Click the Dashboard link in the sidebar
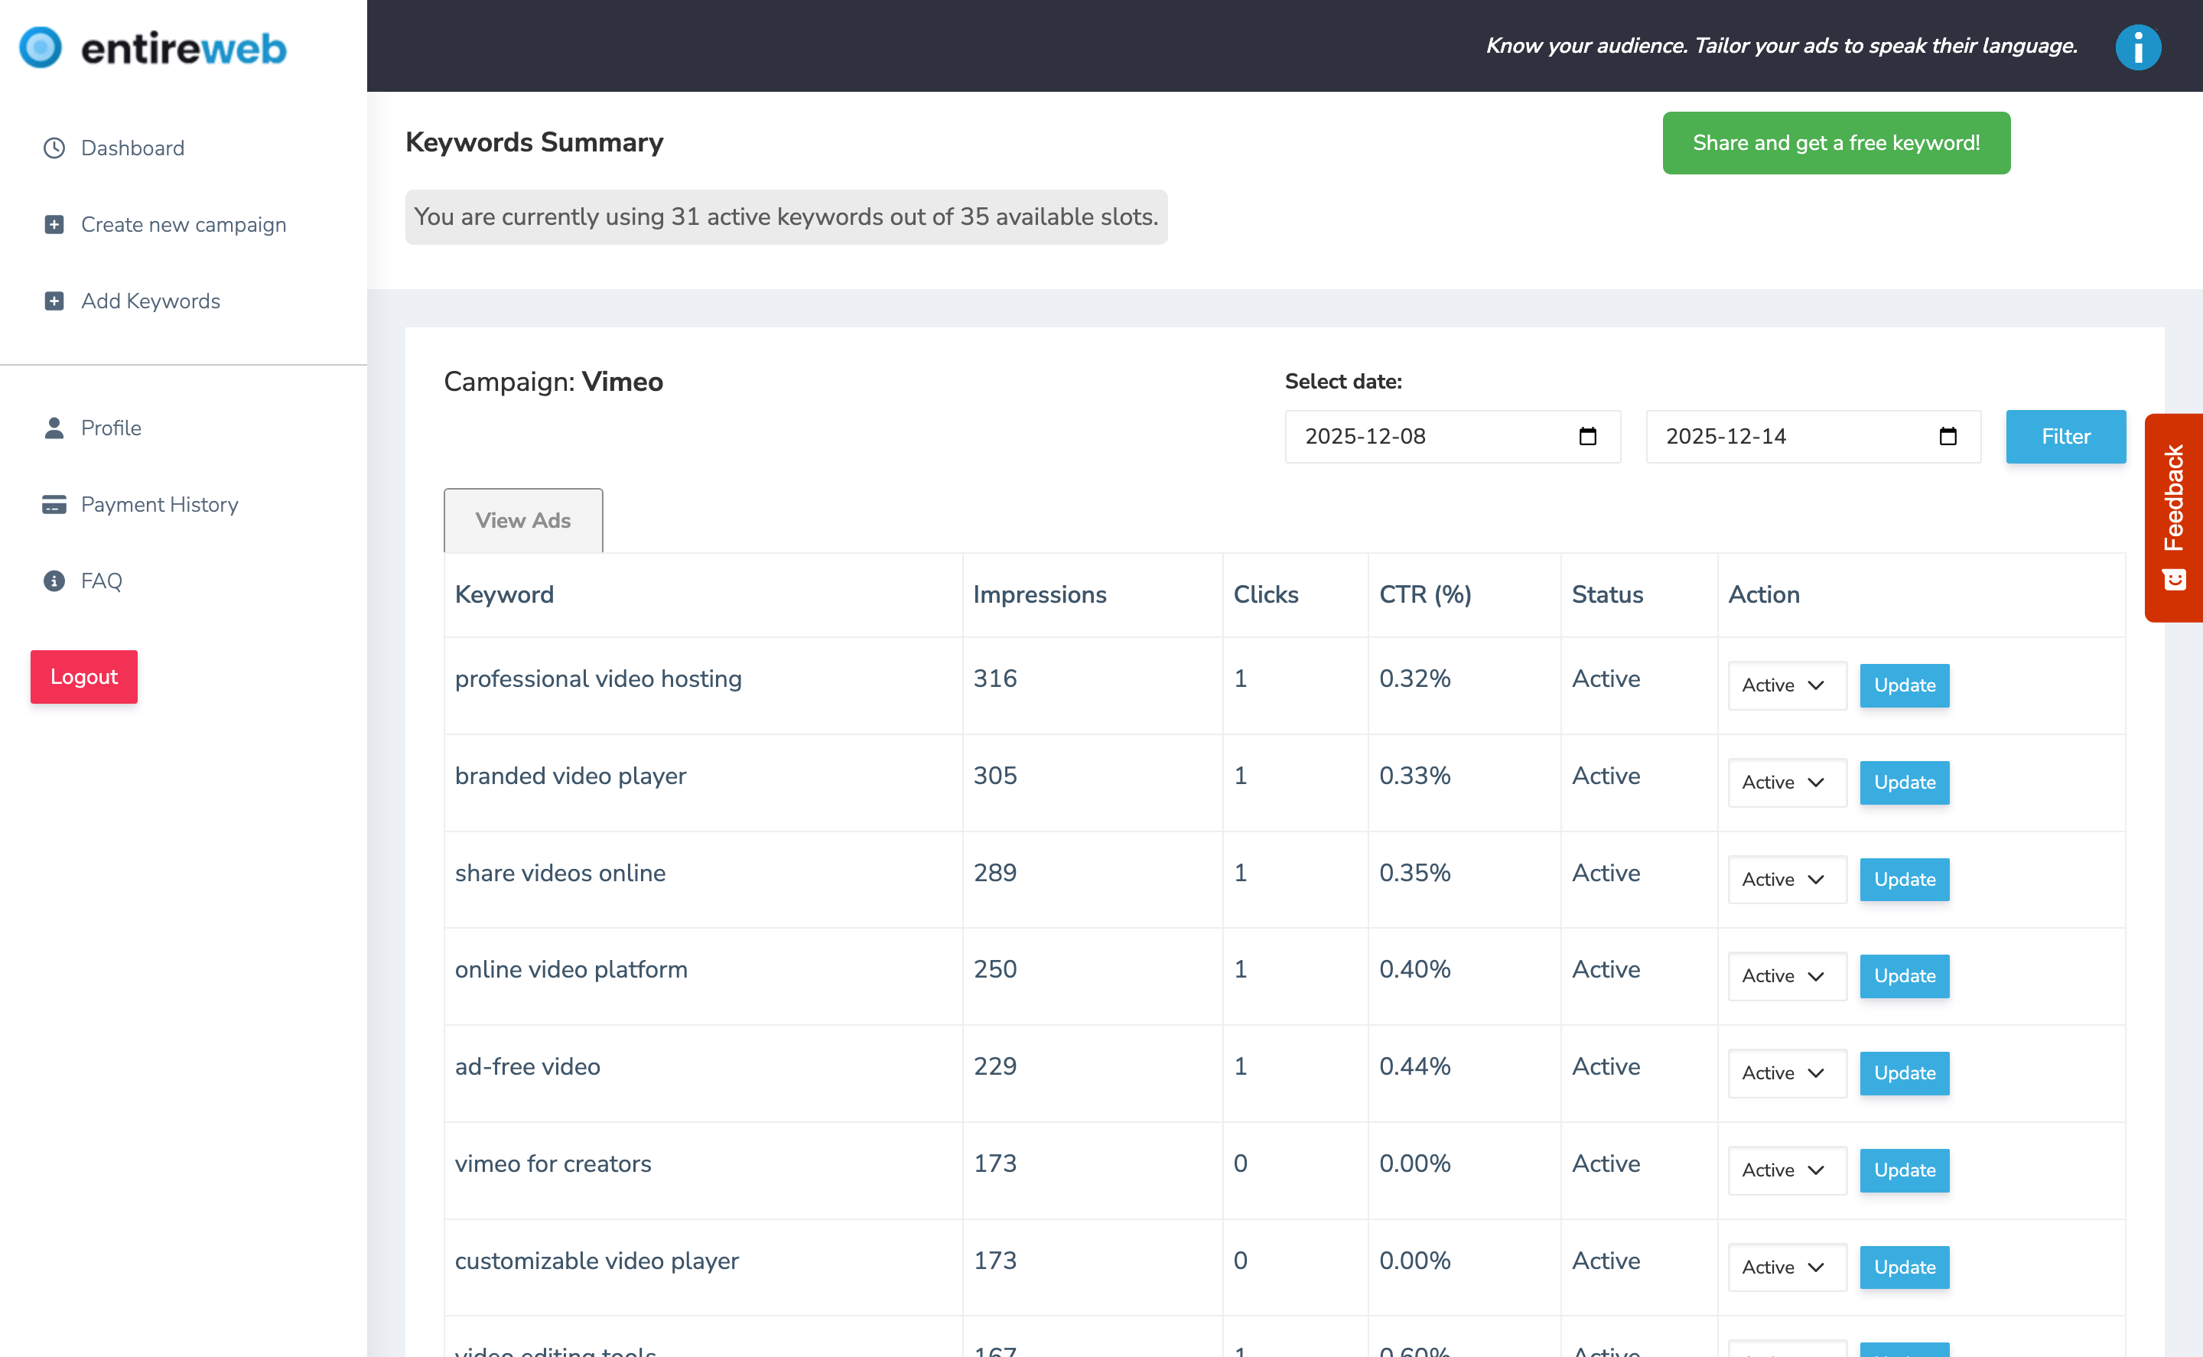point(131,148)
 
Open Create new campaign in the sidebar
point(182,224)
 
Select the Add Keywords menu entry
point(149,301)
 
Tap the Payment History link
point(159,504)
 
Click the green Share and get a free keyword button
point(1835,144)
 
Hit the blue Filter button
point(2065,437)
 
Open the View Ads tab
point(522,521)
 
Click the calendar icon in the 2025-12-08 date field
point(1586,437)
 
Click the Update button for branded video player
point(1903,783)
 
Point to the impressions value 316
point(994,678)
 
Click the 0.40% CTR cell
point(1414,969)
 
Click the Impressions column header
point(1039,595)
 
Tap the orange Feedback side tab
point(2172,517)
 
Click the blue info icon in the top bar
point(2136,47)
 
